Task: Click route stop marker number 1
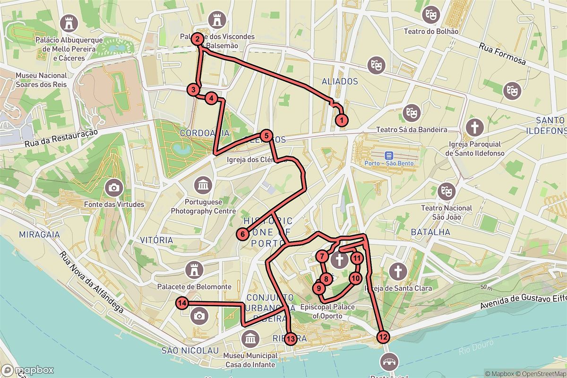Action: click(342, 120)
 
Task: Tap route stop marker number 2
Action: click(198, 39)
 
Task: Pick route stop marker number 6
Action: click(242, 233)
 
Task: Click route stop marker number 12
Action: click(383, 337)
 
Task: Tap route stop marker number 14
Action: click(182, 303)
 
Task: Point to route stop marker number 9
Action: click(319, 288)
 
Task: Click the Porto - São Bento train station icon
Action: click(389, 155)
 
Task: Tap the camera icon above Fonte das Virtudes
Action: click(113, 188)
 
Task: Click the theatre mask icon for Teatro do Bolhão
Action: click(431, 14)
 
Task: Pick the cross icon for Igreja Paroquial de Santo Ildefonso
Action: click(474, 127)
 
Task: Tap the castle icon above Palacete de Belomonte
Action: click(194, 270)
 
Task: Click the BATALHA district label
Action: click(430, 232)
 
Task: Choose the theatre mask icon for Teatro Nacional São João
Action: click(447, 191)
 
